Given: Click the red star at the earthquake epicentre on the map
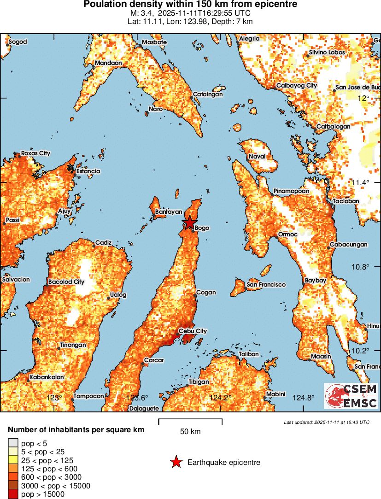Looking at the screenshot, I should pos(189,223).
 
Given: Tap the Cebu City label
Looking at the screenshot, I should pos(193,331).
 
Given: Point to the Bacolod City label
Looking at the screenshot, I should pos(66,282).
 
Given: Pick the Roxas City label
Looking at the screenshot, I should pos(35,153).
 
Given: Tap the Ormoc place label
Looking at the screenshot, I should pos(288,235).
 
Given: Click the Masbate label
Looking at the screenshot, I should pos(154,42).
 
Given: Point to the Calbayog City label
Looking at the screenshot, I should pos(297,86).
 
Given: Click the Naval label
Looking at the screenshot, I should pos(257,157).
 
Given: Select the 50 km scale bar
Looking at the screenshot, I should pos(190,421).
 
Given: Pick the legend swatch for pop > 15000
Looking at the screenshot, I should pos(13,494).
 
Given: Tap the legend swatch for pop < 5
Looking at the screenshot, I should pos(13,443).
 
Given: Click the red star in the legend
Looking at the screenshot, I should pos(176,462).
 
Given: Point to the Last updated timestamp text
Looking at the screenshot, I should pos(327,422).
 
